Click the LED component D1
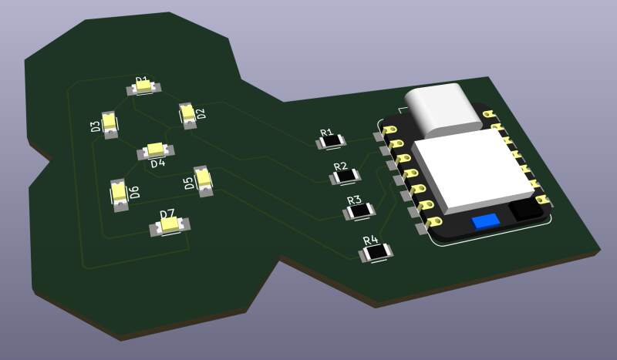click(x=143, y=89)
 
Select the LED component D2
click(x=187, y=115)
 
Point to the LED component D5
click(x=204, y=180)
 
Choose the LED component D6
click(x=120, y=193)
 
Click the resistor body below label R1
click(x=333, y=143)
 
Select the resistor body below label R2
click(x=345, y=177)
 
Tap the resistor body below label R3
click(x=359, y=210)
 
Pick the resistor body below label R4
click(x=376, y=252)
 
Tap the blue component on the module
click(x=485, y=221)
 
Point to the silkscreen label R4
click(x=370, y=241)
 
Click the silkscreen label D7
click(x=167, y=214)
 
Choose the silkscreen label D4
click(x=157, y=163)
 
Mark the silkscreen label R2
click(x=340, y=167)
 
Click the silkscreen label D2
click(x=201, y=115)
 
